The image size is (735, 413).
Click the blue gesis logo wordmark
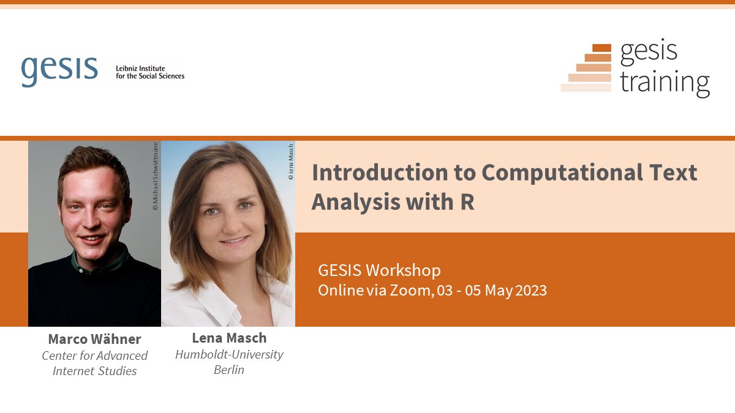[59, 71]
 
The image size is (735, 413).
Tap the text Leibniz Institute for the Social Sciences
[150, 72]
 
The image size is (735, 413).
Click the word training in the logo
[665, 82]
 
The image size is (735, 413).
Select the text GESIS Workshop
[379, 270]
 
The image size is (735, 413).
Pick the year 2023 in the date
[531, 290]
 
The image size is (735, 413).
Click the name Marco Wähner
[94, 339]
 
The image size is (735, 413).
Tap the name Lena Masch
[229, 338]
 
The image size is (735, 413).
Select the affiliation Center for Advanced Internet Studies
[94, 363]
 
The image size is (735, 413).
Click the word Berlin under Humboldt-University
[229, 370]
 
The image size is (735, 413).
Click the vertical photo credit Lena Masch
[291, 162]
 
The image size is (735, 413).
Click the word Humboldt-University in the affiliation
[229, 354]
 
